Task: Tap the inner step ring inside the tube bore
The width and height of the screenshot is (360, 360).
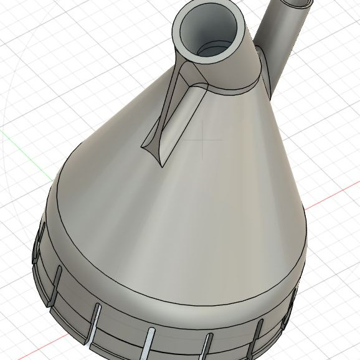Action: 215,47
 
